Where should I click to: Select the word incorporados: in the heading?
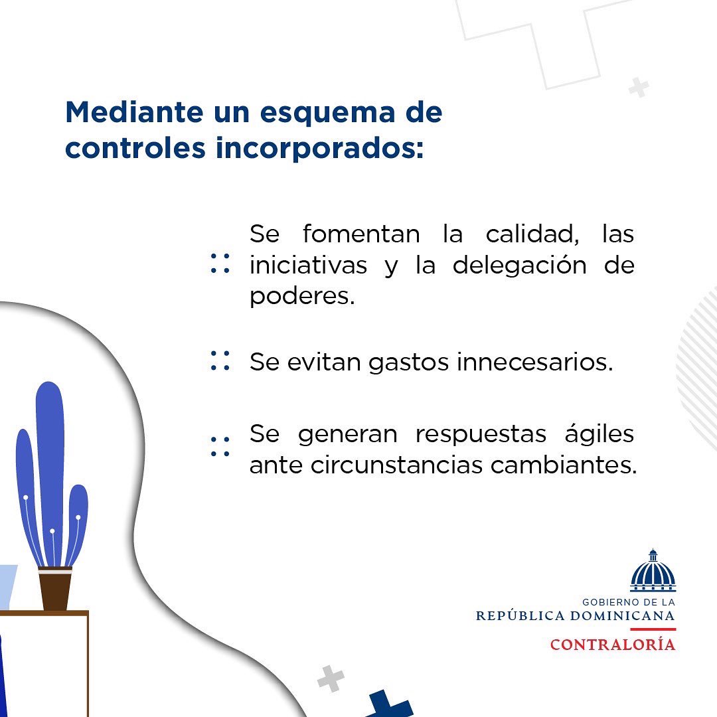(x=319, y=148)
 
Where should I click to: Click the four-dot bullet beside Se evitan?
(x=220, y=361)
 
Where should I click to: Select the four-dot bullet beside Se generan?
(x=220, y=446)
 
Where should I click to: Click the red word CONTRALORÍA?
(x=612, y=645)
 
